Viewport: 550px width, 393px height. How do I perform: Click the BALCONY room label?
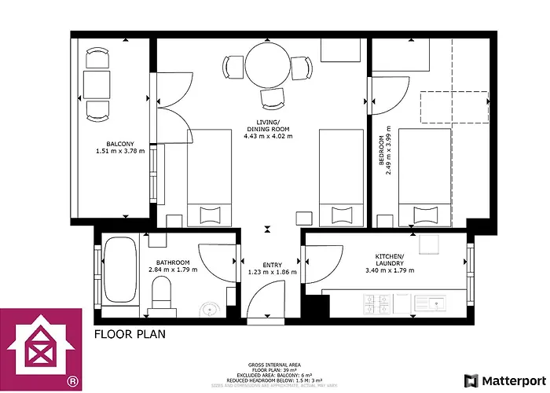coord(120,143)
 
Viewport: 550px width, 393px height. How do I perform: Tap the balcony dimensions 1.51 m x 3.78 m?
coord(120,151)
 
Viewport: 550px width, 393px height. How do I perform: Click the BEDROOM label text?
coord(382,150)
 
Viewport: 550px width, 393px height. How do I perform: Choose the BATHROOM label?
coord(172,263)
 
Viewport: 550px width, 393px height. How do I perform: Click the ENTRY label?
coord(272,264)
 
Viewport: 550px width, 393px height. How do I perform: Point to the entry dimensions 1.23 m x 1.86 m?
coord(272,272)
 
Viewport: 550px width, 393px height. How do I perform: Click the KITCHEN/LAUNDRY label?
coord(389,259)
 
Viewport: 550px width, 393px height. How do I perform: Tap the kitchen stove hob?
coord(374,303)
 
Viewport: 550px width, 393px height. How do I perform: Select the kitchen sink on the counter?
coord(430,303)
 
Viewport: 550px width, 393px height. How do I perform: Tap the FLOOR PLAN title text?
coord(130,333)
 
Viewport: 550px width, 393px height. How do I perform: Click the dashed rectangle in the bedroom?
coord(453,108)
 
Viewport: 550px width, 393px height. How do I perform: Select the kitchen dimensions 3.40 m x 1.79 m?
coord(389,270)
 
